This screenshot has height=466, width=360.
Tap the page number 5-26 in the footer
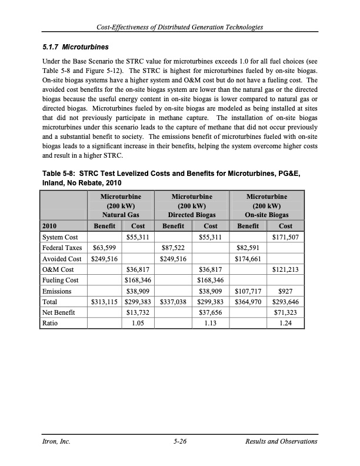pyautogui.click(x=180, y=441)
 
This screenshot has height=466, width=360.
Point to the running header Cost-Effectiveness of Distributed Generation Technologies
pyautogui.click(x=180, y=28)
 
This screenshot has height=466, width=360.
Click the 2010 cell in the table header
pyautogui.click(x=51, y=225)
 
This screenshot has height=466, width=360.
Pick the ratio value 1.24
pyautogui.click(x=287, y=323)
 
